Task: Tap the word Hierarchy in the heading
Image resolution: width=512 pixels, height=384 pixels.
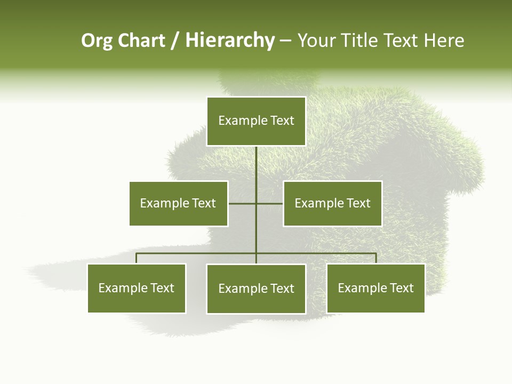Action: (x=230, y=41)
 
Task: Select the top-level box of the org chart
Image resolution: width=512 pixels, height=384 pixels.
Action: (x=256, y=121)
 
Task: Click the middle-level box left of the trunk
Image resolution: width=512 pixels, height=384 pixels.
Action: (x=179, y=203)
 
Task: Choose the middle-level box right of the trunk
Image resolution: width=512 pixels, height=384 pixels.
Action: (x=332, y=203)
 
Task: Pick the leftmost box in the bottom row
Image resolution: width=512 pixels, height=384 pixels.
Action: (x=137, y=288)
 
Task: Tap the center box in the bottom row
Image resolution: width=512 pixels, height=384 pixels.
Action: (x=256, y=289)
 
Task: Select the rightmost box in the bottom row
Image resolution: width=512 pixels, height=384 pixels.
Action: (x=375, y=288)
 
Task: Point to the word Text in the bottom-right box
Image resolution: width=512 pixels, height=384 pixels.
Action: (x=401, y=288)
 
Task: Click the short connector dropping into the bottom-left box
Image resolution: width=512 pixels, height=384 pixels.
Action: (x=137, y=258)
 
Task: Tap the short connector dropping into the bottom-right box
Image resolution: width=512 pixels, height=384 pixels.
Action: (x=375, y=258)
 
